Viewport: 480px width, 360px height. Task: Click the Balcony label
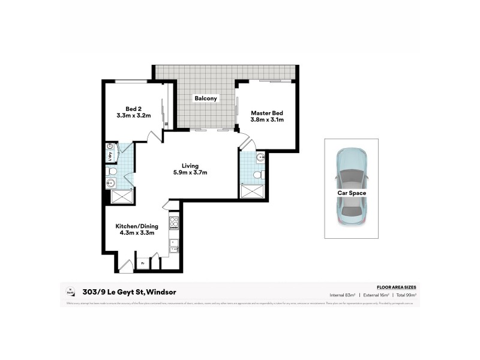(205, 98)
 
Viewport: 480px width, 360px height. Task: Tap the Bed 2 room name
(133, 109)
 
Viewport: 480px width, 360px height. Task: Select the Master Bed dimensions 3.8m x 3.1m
(266, 119)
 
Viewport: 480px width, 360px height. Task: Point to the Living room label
(191, 166)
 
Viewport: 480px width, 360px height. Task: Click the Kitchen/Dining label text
(137, 226)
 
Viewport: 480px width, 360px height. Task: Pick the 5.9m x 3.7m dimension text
(191, 173)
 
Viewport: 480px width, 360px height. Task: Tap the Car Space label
(351, 193)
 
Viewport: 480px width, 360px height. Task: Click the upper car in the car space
(351, 168)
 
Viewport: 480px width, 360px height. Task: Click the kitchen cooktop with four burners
(174, 223)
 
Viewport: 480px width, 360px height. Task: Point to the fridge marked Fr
(143, 262)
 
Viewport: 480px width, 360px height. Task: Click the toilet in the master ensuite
(257, 175)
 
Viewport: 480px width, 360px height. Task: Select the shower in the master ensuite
(252, 191)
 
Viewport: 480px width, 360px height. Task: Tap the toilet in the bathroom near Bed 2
(112, 172)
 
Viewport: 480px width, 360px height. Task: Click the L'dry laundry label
(110, 156)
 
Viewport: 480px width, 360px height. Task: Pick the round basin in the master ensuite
(260, 158)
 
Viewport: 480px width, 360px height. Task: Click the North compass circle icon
(70, 292)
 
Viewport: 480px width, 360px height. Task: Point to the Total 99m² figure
(406, 295)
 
